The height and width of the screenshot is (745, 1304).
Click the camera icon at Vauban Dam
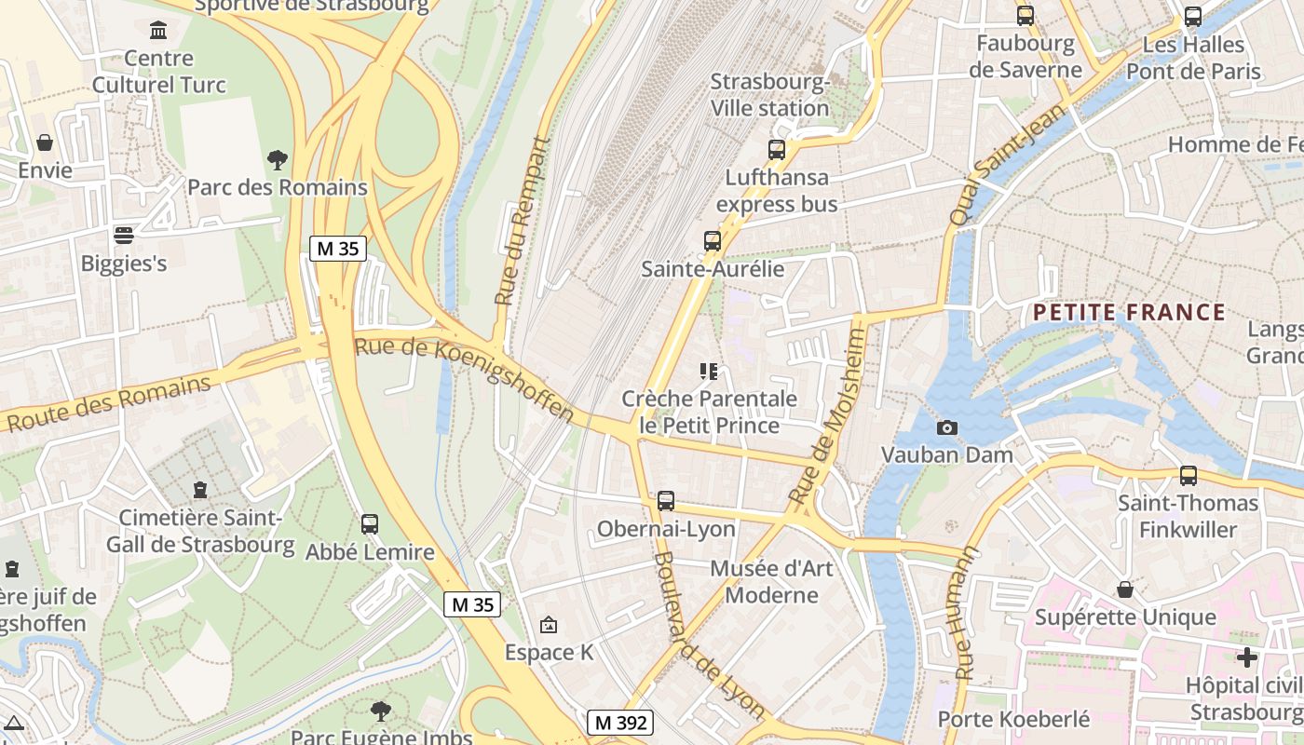coord(946,427)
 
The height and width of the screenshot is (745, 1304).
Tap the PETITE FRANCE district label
coord(1129,312)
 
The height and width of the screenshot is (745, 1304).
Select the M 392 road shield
coord(620,723)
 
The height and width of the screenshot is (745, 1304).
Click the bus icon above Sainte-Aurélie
coord(713,241)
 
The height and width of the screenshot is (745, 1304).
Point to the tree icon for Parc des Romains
coord(277,159)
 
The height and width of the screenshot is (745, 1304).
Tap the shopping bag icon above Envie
coord(44,142)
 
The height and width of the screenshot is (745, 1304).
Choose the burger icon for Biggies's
coord(123,235)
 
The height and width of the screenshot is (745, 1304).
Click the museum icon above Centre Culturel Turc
coord(158,31)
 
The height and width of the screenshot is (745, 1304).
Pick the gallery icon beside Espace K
coord(549,625)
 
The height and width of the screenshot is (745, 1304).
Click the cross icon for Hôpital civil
coord(1246,657)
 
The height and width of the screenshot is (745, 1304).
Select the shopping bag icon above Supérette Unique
coord(1125,589)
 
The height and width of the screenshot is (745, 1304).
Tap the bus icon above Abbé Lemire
coord(370,524)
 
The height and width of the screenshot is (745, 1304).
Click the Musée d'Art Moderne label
coord(771,581)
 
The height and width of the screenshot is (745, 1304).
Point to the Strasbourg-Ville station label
coord(769,95)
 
